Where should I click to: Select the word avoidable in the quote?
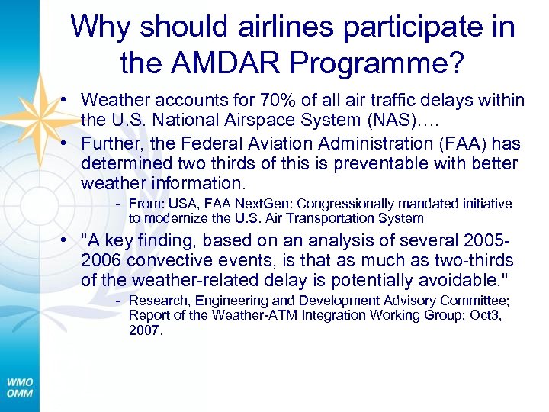464,280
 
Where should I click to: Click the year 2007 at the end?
145,330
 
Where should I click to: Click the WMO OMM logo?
20,387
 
